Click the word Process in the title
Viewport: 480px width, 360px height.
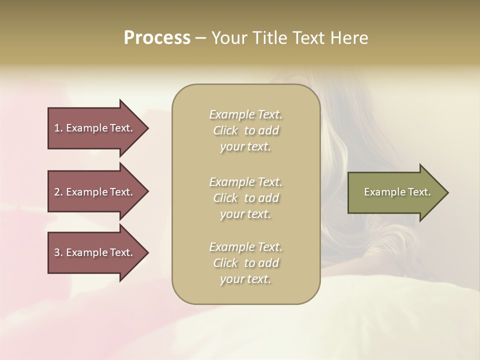(x=157, y=38)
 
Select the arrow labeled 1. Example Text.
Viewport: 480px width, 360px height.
(x=95, y=128)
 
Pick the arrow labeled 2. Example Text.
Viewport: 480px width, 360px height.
(x=95, y=192)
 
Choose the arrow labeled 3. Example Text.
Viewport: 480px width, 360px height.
(x=95, y=252)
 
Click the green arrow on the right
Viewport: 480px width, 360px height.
(x=395, y=192)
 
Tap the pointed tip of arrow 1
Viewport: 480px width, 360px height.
(x=147, y=128)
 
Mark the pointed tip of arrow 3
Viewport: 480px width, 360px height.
(x=147, y=252)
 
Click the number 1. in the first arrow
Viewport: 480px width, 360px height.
(x=58, y=128)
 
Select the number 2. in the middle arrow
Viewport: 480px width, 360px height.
(x=58, y=192)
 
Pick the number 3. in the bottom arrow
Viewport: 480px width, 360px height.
(x=58, y=252)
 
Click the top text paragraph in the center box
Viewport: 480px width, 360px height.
(x=245, y=130)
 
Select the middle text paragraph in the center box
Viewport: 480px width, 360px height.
(x=245, y=198)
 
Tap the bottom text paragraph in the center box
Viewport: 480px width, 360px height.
(x=245, y=263)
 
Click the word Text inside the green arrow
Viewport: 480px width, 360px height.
(x=419, y=192)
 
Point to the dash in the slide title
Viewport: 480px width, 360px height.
(x=200, y=38)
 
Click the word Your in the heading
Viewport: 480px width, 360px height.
(x=229, y=38)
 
